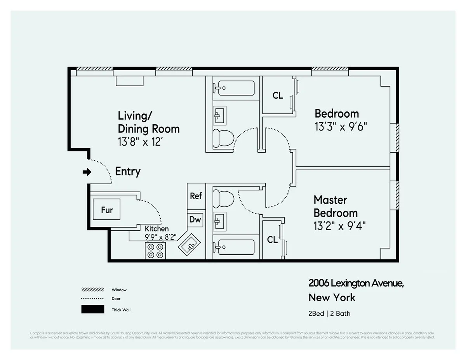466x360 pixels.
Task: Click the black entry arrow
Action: pos(87,172)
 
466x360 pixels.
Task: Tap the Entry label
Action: pos(128,172)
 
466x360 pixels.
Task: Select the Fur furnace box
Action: pos(106,210)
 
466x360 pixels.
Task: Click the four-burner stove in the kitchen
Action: pos(155,250)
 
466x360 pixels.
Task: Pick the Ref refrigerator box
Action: pos(196,196)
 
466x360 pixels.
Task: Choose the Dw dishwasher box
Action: pos(195,219)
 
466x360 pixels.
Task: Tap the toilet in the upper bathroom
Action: pos(223,138)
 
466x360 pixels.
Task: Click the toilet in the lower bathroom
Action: pos(223,198)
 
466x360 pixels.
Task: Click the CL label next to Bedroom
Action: pos(278,96)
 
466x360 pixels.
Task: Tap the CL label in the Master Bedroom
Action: pos(272,240)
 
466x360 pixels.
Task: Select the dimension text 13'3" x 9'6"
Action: pos(341,127)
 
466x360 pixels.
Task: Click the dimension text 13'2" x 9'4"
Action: pos(339,226)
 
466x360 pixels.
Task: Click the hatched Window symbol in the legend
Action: pos(93,290)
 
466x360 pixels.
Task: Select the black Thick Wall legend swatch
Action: pos(93,310)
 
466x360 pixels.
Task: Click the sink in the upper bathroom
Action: pos(219,114)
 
